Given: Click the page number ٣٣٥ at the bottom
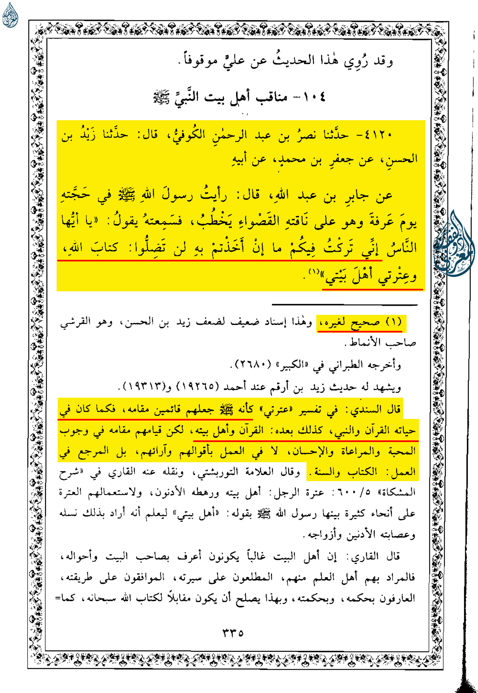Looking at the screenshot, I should pyautogui.click(x=233, y=633).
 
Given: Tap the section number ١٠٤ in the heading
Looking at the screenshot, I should pyautogui.click(x=314, y=97).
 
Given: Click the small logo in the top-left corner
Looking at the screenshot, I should pyautogui.click(x=10, y=15).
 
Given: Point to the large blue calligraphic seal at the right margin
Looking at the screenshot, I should pyautogui.click(x=454, y=244).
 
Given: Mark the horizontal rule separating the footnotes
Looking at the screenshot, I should pyautogui.click(x=344, y=305).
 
